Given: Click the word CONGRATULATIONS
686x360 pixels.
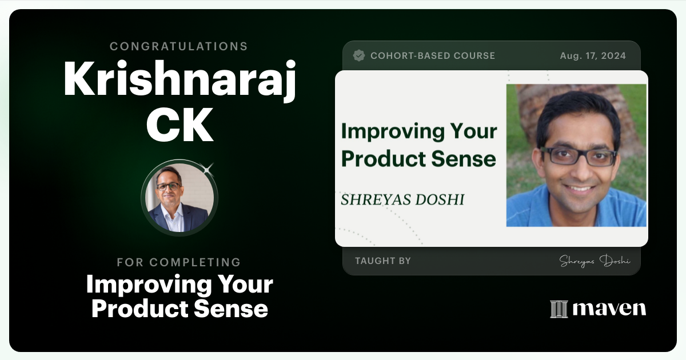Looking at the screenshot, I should pos(179,46).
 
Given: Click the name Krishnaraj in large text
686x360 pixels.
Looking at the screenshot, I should pos(180,79).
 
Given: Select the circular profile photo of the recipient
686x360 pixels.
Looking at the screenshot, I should pos(180,198).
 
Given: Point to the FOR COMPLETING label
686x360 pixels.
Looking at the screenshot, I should pos(179,262).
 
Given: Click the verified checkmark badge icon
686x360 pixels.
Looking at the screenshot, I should pos(359,55).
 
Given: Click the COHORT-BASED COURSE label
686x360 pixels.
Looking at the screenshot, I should pos(433,55).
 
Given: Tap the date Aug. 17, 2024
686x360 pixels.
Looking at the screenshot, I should pos(593,55).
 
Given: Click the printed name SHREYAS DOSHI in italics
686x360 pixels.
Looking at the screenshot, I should pos(402,199).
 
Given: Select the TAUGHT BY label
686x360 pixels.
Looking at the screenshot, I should pos(383,261).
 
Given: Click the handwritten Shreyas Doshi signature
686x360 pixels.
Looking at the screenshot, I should pos(595,261).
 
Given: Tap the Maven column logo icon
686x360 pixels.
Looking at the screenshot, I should pos(559,309).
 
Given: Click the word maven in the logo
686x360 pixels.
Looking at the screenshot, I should pos(609,309).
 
